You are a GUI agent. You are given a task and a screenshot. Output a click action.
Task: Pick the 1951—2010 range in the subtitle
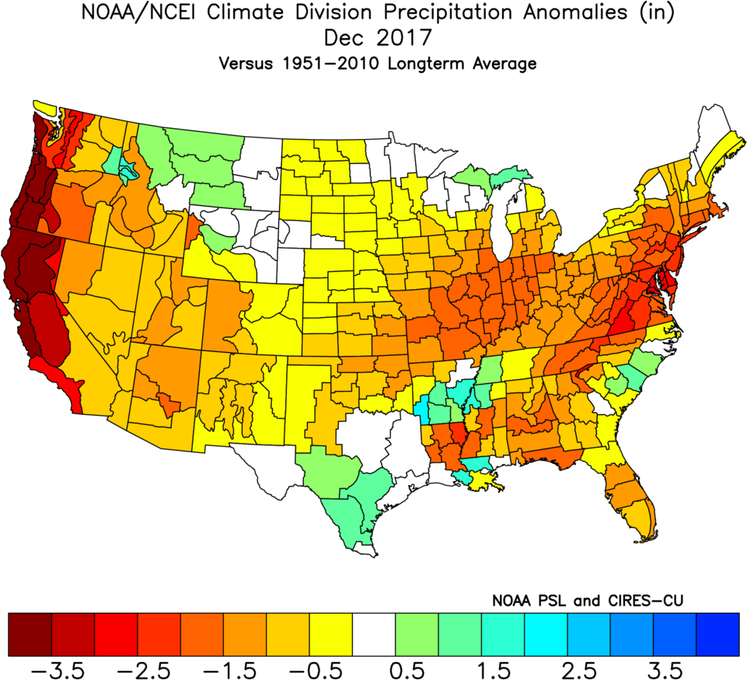click(x=326, y=64)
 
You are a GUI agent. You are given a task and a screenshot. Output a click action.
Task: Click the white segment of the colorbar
click(x=373, y=634)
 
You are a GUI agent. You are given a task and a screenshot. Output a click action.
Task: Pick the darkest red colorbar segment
click(x=30, y=634)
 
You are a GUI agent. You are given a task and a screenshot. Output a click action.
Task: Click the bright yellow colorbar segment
click(x=330, y=634)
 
